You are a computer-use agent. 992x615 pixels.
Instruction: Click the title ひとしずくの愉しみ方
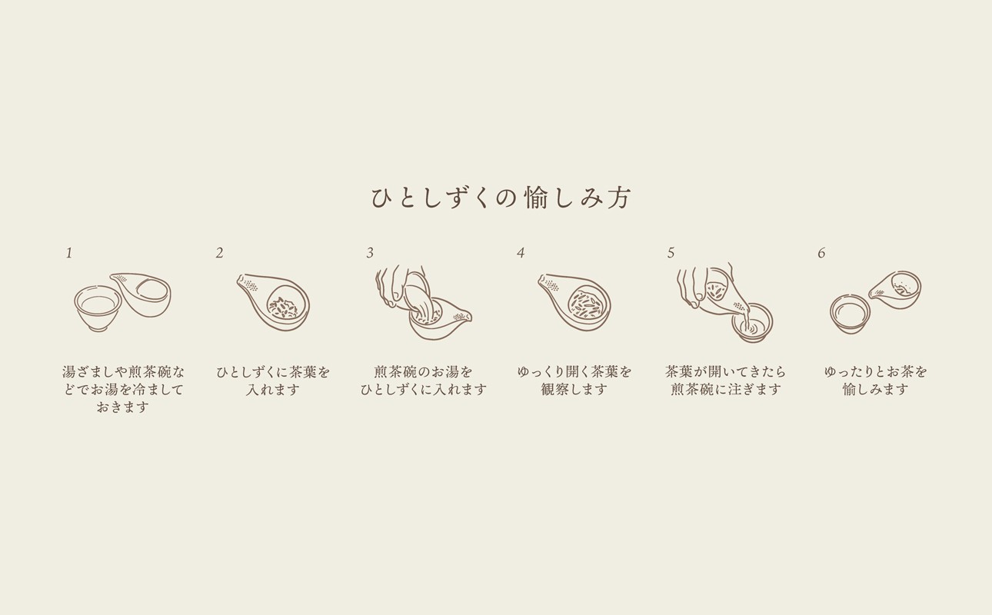click(x=501, y=198)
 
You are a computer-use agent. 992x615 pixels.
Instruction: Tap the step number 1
click(x=68, y=253)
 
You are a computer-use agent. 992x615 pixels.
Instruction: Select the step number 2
click(x=219, y=253)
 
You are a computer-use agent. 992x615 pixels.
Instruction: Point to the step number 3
click(x=370, y=253)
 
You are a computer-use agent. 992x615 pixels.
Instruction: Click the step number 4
click(x=521, y=253)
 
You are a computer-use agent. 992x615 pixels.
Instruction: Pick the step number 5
click(x=671, y=253)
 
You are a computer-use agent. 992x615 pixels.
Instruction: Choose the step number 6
click(x=821, y=253)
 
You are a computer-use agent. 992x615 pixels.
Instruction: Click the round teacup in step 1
click(x=98, y=307)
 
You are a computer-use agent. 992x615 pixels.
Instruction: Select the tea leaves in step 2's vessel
click(x=283, y=307)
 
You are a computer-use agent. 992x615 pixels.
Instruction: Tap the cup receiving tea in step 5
click(x=751, y=323)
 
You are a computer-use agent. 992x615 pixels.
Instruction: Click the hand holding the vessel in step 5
click(x=696, y=286)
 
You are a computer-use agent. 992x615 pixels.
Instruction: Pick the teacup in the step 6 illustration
click(x=849, y=314)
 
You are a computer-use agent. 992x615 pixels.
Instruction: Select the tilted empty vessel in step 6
click(x=897, y=289)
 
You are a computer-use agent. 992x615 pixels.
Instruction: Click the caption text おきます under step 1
click(x=123, y=407)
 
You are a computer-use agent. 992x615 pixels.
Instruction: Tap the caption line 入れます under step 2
click(x=273, y=390)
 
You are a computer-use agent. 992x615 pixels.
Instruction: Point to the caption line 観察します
click(x=574, y=390)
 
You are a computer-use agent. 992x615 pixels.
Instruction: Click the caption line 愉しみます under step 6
click(x=876, y=390)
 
